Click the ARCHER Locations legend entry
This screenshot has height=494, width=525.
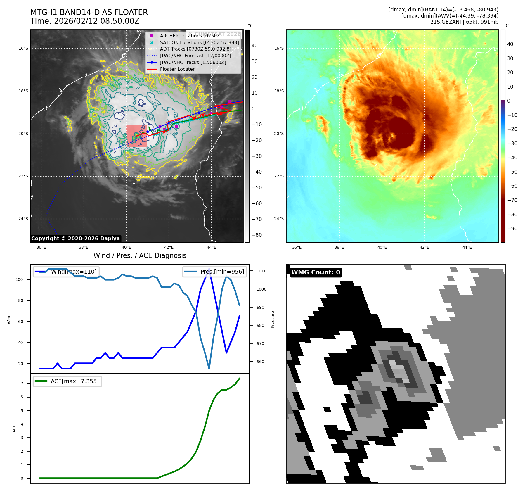pyautogui.click(x=190, y=36)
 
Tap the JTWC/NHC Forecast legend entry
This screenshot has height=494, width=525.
pyautogui.click(x=195, y=56)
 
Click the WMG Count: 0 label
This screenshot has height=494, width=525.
pyautogui.click(x=316, y=272)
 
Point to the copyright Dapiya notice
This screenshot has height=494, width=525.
pyautogui.click(x=75, y=239)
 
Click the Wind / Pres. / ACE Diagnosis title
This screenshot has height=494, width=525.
pyautogui.click(x=140, y=255)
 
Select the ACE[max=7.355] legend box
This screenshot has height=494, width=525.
pyautogui.click(x=67, y=381)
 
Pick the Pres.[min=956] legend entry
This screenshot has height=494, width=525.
pyautogui.click(x=215, y=272)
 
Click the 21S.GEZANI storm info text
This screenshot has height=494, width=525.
pyautogui.click(x=464, y=22)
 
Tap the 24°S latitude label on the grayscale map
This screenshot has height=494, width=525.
pyautogui.click(x=23, y=219)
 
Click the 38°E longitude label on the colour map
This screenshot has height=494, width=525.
pyautogui.click(x=339, y=248)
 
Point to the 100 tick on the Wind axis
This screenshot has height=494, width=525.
pyautogui.click(x=19, y=279)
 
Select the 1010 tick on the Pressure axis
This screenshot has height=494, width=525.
pyautogui.click(x=261, y=271)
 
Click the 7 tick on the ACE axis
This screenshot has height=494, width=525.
pyautogui.click(x=22, y=384)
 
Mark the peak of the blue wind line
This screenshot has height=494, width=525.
pyautogui.click(x=209, y=268)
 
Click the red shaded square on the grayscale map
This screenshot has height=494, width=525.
pyautogui.click(x=137, y=136)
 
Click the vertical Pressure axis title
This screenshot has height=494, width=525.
pyautogui.click(x=273, y=319)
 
